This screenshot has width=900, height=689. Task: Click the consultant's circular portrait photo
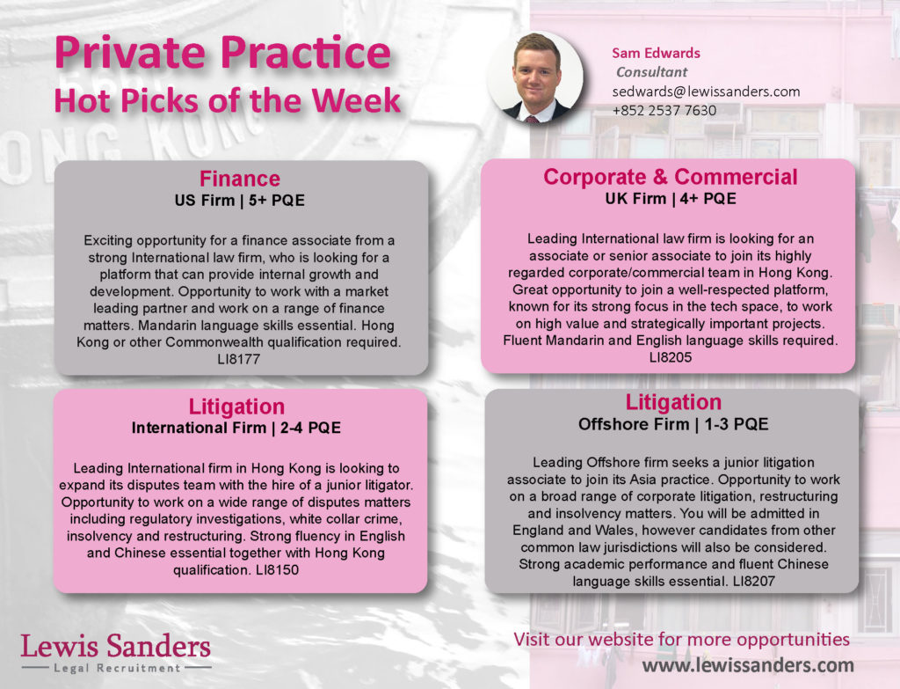coord(535,77)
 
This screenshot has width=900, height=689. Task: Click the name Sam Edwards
coord(656,53)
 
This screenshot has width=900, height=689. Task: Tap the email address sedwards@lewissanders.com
coord(706,92)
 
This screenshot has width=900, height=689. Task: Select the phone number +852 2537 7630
coord(664,110)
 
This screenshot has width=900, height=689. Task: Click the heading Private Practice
coord(222,52)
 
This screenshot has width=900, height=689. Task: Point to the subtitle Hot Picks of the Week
coord(228,100)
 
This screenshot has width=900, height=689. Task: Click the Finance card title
coord(240,179)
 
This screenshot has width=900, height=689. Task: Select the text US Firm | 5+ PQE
coord(240,201)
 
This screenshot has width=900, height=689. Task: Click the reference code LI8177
coord(239,359)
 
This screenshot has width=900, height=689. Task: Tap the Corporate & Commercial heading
coord(671,177)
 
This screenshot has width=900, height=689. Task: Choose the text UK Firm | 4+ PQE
coord(671,199)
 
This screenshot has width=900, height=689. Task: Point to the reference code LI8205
coord(671,357)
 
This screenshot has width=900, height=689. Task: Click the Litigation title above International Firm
coord(236,407)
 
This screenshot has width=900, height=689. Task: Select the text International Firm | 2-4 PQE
coord(236,429)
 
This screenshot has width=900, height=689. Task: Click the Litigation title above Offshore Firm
coord(673,402)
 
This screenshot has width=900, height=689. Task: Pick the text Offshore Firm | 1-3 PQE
coord(673,425)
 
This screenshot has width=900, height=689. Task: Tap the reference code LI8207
coord(753,582)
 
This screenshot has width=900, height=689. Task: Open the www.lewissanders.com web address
coord(748,665)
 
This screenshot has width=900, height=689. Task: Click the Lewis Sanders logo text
coord(116,647)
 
